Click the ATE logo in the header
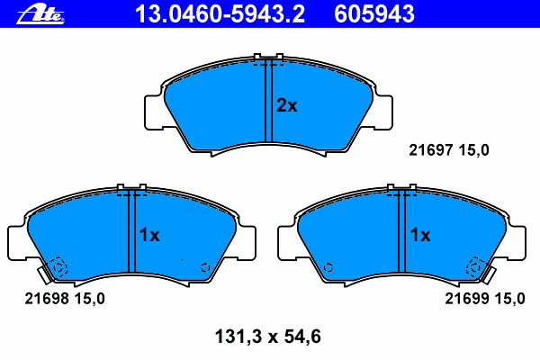point(40,14)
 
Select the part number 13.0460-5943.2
point(220,14)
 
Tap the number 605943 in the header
point(374,14)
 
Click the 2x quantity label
point(286,105)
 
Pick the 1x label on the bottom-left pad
point(149,235)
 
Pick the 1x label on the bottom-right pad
point(420,235)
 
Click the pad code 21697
point(430,150)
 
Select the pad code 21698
point(47,299)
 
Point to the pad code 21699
point(466,299)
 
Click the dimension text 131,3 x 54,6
point(268,337)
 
